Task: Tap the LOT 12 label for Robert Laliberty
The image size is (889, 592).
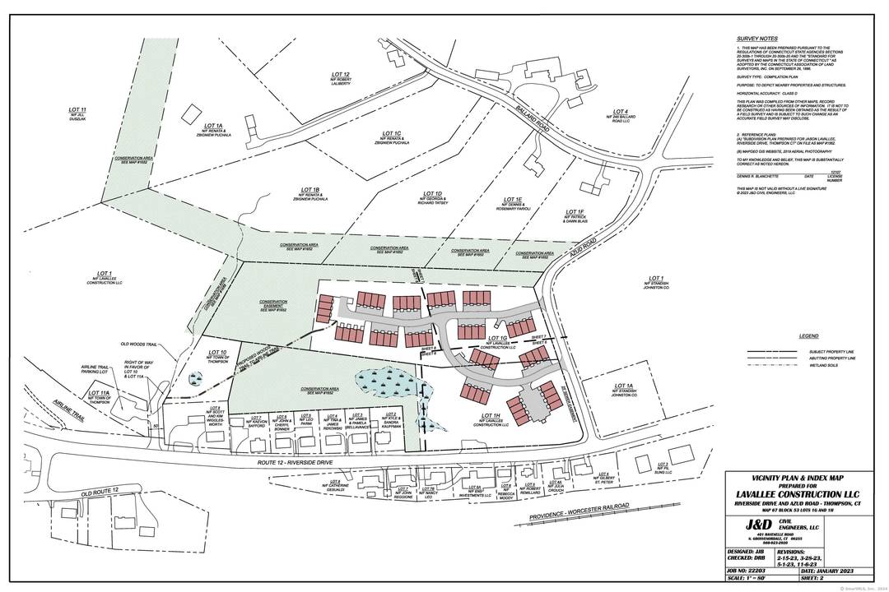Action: click(329, 74)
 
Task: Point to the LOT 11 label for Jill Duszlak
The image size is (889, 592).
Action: click(77, 109)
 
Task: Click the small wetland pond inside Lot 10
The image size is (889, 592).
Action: click(194, 380)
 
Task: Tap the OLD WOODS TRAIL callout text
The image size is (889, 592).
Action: click(139, 344)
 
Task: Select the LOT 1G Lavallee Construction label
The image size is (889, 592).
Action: click(496, 339)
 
